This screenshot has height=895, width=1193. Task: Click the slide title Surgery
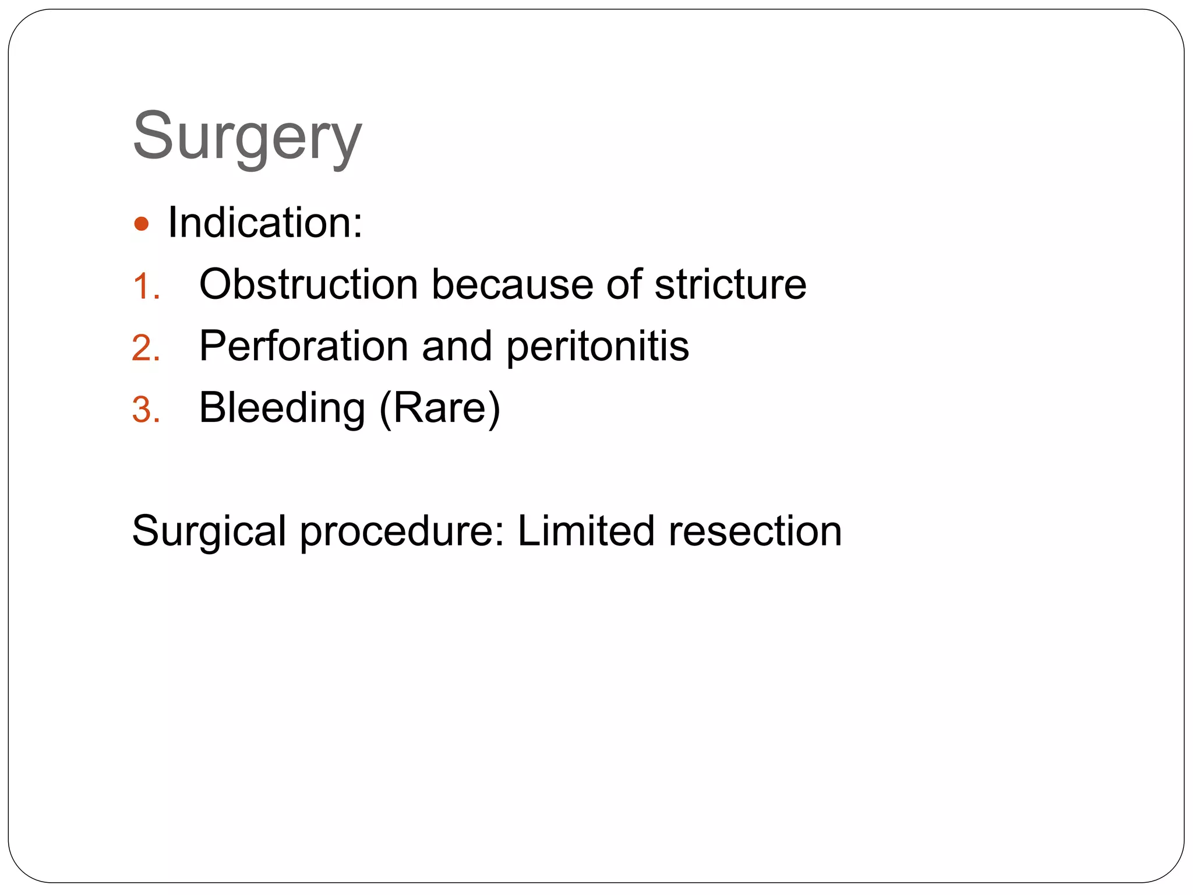click(247, 137)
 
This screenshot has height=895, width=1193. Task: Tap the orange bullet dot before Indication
click(142, 224)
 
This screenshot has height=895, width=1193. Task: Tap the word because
click(512, 285)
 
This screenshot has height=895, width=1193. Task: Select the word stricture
click(730, 285)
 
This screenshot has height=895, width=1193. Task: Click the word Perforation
click(303, 346)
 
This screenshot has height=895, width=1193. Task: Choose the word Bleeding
click(282, 408)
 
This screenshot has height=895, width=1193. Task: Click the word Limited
click(586, 530)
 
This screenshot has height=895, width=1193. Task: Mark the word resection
click(755, 531)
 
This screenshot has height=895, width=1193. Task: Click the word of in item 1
click(623, 285)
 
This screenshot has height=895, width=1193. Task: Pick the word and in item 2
click(457, 346)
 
